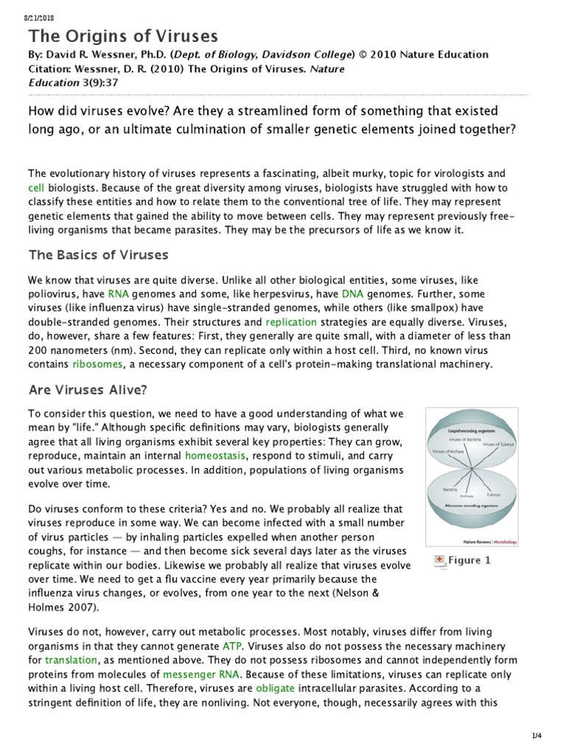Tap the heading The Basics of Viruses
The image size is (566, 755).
click(x=98, y=255)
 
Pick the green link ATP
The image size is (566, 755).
click(x=232, y=645)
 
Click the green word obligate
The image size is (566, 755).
click(x=275, y=687)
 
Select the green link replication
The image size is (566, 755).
click(x=291, y=322)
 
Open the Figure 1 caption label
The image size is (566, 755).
click(x=469, y=560)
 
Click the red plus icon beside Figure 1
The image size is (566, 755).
click(x=440, y=560)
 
